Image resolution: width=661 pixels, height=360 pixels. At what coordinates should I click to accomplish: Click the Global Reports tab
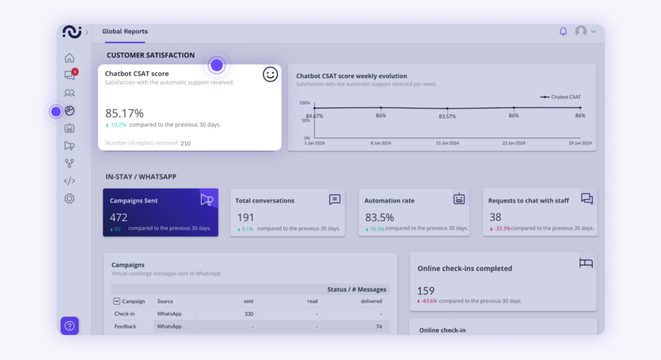point(125,32)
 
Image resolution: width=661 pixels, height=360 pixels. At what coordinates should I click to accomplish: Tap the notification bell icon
point(563,31)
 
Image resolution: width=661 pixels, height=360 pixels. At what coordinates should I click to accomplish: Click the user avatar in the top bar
point(581,31)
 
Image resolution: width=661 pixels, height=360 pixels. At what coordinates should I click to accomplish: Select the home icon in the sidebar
point(70,58)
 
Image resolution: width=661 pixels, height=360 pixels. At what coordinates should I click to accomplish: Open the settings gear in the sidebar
point(70,199)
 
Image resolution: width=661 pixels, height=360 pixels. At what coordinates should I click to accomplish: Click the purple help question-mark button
point(70,326)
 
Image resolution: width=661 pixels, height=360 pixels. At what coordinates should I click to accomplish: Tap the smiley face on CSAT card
point(270,74)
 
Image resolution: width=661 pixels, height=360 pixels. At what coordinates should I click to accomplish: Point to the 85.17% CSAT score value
point(124,113)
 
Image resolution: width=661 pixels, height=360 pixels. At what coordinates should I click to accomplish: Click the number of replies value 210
point(185,143)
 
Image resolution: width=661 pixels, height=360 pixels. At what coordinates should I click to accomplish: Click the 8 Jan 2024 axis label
point(381,143)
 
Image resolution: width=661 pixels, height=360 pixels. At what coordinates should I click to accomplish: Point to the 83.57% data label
point(447,116)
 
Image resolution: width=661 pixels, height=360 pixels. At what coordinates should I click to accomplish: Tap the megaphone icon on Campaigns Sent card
point(207,199)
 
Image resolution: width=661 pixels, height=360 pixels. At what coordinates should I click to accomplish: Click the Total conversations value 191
point(245,217)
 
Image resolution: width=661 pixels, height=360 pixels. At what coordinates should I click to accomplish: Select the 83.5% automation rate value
point(379,217)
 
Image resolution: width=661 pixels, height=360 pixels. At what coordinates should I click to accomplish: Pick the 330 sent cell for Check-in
point(249,314)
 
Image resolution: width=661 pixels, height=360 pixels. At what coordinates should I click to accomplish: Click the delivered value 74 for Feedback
point(379,326)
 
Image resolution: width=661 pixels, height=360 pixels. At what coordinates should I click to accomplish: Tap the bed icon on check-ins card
point(586,263)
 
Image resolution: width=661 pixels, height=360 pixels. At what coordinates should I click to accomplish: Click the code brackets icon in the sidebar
point(70,181)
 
